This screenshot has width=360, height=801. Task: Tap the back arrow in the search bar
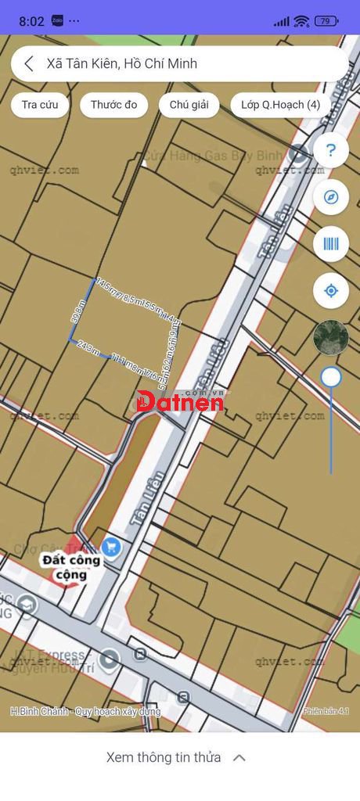coord(29,64)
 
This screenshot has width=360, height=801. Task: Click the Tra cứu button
coord(40,105)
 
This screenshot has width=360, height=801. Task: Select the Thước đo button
coord(113,105)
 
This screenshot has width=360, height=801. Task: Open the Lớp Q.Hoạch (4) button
coord(280,105)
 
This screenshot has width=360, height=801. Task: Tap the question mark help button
coord(330,150)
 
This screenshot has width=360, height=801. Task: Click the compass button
coord(330,197)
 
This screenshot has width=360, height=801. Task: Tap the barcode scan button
coord(330,244)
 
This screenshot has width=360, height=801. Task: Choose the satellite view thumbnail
coord(330,337)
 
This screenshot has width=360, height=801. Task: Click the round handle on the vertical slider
coord(331,378)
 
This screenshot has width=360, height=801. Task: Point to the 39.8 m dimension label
coord(77,312)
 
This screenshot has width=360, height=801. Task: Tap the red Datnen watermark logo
coord(179,402)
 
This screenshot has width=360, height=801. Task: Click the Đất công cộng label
coord(71,567)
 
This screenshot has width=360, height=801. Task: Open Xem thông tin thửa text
coord(164,757)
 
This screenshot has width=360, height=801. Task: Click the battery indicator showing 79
coord(326,21)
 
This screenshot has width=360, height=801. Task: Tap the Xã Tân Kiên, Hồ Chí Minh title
coord(122,64)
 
